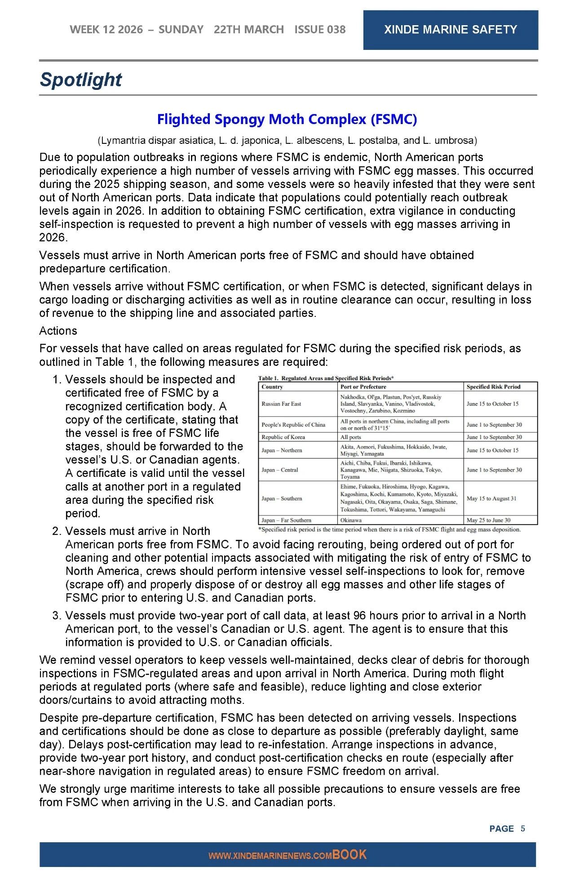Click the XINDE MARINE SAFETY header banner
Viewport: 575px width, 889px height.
click(x=450, y=30)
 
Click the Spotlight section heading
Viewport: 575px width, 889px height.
click(x=81, y=80)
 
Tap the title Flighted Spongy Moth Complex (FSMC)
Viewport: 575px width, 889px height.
click(x=287, y=119)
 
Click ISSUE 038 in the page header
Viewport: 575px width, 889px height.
click(x=320, y=30)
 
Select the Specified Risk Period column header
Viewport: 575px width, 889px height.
click(x=493, y=387)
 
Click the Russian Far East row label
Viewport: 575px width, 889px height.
click(x=281, y=404)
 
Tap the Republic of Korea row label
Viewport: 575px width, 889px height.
click(x=283, y=437)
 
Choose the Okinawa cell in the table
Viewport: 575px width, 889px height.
click(x=351, y=520)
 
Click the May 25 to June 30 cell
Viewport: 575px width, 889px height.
click(x=488, y=520)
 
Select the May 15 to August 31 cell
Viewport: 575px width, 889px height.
click(x=491, y=498)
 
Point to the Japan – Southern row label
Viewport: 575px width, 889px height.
click(x=282, y=498)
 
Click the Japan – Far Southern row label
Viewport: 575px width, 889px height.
click(x=286, y=520)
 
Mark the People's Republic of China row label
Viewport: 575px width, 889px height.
click(x=293, y=425)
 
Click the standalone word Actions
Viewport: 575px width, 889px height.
click(x=58, y=331)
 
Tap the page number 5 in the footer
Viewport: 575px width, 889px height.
click(x=523, y=828)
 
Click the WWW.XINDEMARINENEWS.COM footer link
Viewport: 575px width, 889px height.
click(x=270, y=856)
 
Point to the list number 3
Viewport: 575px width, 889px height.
click(x=57, y=616)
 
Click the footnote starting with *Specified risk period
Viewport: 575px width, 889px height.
click(x=389, y=529)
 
